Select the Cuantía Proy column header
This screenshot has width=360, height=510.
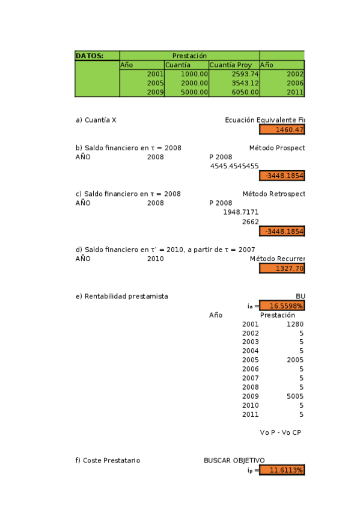pyautogui.click(x=226, y=65)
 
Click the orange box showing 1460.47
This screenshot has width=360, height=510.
pyautogui.click(x=282, y=129)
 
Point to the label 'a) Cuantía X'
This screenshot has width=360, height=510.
pyautogui.click(x=96, y=120)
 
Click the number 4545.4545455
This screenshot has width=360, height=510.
pyautogui.click(x=234, y=166)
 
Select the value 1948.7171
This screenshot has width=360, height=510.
pyautogui.click(x=240, y=212)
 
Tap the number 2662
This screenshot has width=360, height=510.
pyautogui.click(x=250, y=222)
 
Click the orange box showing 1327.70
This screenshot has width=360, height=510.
pyautogui.click(x=282, y=268)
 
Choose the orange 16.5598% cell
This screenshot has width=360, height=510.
pyautogui.click(x=282, y=306)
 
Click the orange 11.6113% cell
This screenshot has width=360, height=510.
pyautogui.click(x=282, y=470)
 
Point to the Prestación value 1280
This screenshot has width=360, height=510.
pyautogui.click(x=294, y=324)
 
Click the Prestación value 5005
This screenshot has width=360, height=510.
pyautogui.click(x=294, y=396)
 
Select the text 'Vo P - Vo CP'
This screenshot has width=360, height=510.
pyautogui.click(x=280, y=432)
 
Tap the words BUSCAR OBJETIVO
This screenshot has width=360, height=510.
pyautogui.click(x=234, y=460)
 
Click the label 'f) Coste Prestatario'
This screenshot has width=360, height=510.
pyautogui.click(x=108, y=460)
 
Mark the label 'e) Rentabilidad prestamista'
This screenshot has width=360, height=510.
pyautogui.click(x=121, y=296)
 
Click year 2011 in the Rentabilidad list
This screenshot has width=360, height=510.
pyautogui.click(x=250, y=414)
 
